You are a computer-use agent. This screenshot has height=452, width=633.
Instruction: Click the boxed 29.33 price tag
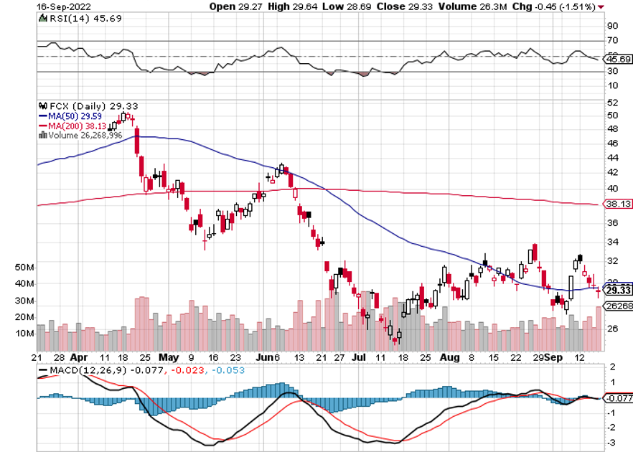[x=617, y=290]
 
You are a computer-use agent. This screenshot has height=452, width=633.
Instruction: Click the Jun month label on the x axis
[x=263, y=357]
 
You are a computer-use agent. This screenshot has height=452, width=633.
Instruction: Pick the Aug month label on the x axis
[x=449, y=357]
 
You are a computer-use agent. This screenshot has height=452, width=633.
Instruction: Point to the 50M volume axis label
[x=24, y=267]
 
